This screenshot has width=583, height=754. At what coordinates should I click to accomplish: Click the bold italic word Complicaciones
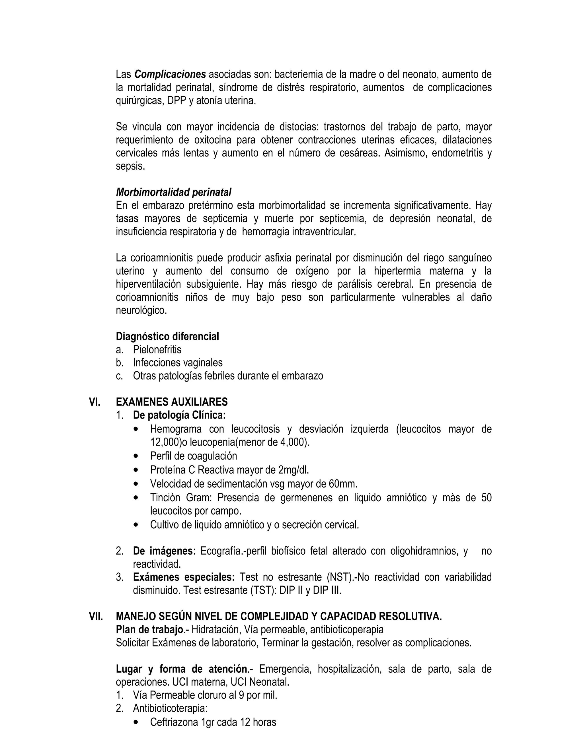(170, 75)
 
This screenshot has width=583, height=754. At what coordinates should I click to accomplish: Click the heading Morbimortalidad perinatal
(173, 192)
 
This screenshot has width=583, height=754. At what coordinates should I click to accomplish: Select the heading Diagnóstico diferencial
(167, 336)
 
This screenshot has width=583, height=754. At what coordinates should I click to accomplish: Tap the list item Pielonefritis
(157, 350)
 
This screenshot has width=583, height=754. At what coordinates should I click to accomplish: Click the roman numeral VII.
(96, 617)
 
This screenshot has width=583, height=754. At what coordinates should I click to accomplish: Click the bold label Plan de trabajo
(149, 630)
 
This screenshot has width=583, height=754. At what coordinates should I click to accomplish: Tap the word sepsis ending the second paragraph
(130, 166)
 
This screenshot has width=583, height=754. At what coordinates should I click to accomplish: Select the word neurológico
(141, 310)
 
